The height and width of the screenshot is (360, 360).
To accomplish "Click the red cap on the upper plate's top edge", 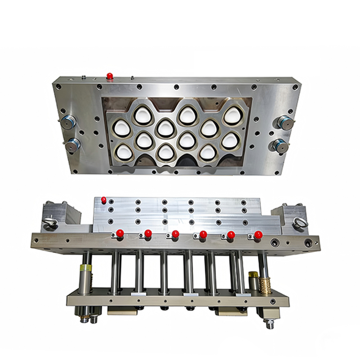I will [x=109, y=76].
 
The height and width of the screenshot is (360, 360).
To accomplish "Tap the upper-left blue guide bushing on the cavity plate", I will [x=68, y=121].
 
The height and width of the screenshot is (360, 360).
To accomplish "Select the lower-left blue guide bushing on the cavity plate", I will [x=73, y=145].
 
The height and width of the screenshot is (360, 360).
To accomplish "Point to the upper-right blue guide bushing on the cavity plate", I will [x=284, y=121].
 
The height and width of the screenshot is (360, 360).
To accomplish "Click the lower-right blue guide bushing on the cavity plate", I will [x=279, y=145].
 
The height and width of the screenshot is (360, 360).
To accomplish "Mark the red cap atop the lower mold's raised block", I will [x=103, y=199].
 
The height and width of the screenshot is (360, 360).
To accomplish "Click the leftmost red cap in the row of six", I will [x=120, y=233].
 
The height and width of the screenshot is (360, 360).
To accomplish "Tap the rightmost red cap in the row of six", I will [x=258, y=234].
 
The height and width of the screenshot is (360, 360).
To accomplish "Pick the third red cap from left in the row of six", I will [x=175, y=234].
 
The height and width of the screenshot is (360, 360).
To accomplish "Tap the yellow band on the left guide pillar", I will [x=84, y=270].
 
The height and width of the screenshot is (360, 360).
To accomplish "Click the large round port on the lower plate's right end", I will [x=308, y=243].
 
